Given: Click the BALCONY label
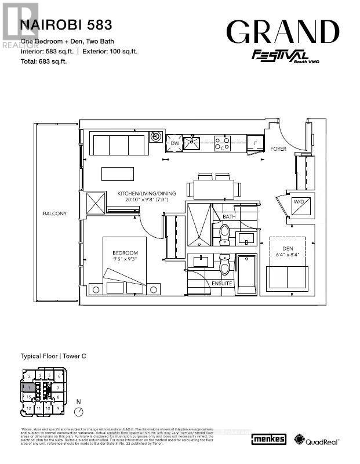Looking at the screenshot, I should click(x=54, y=213).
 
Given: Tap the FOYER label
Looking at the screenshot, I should click(x=278, y=149).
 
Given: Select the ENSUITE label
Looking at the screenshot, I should click(x=222, y=284).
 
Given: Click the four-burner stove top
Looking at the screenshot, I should click(x=222, y=143).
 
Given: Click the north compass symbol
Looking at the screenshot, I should click(x=79, y=410).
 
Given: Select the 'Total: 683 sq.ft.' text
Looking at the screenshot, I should click(x=44, y=61).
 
